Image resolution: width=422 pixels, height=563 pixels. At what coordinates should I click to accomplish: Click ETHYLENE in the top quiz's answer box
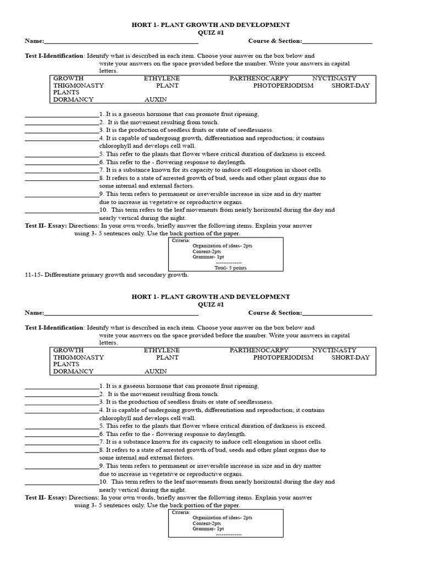162,79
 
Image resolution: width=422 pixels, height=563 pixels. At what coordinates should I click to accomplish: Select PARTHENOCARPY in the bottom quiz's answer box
259,350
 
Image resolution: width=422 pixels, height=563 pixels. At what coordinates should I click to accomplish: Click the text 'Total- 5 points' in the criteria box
228,267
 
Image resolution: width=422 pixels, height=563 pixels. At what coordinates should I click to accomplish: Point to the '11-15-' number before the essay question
35,275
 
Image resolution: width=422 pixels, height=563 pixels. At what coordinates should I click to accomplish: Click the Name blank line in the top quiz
121,42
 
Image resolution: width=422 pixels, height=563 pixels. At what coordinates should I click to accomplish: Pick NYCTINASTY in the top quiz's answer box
334,79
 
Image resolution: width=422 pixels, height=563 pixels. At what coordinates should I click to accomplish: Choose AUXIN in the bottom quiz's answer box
156,371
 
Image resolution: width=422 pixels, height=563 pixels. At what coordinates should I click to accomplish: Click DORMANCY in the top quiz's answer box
73,100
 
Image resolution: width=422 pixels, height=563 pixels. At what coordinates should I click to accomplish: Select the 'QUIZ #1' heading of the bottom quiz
210,305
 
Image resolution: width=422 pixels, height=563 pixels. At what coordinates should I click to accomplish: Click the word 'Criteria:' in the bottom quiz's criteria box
181,512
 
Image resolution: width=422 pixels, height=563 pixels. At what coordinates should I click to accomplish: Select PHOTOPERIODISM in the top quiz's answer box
283,86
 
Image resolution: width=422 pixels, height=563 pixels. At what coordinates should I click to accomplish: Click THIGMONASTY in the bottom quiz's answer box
79,357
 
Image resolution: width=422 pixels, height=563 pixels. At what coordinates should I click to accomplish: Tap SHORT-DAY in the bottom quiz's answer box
350,357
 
